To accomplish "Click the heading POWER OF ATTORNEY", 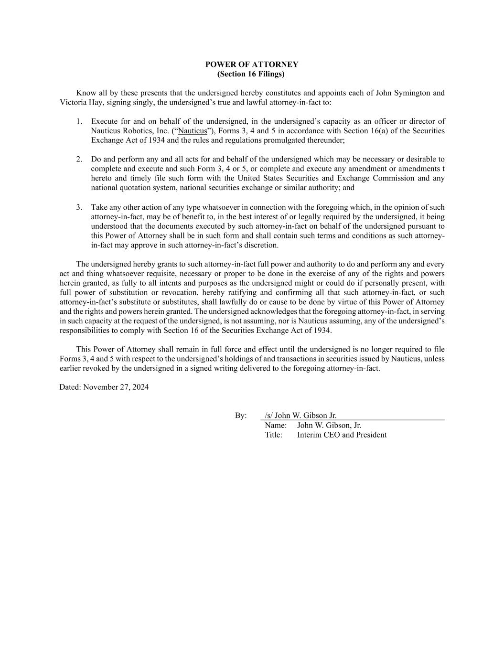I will [x=252, y=64].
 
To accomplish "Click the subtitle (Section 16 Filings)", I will [x=251, y=74].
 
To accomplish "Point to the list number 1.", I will [x=79, y=122].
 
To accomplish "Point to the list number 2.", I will [x=79, y=159].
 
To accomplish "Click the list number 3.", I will [x=79, y=207].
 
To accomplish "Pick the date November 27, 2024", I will [x=116, y=387].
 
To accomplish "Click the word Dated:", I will [x=70, y=387].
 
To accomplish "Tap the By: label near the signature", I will [x=241, y=416].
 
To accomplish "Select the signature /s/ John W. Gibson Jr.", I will [x=301, y=416].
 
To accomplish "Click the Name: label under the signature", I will [x=276, y=425].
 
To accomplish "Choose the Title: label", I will [x=274, y=435].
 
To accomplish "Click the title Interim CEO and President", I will [x=342, y=435].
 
